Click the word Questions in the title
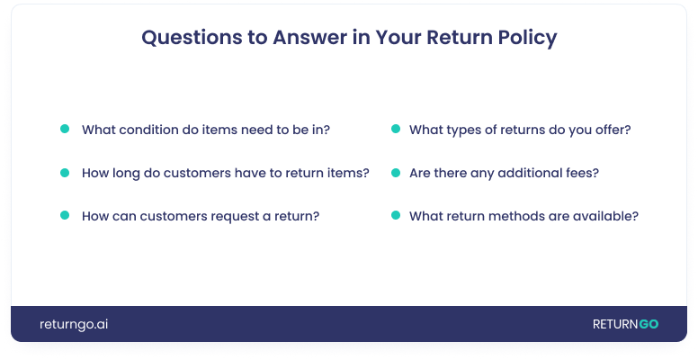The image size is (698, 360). click(192, 38)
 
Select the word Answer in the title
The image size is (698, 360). click(309, 38)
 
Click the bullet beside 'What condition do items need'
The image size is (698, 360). click(65, 129)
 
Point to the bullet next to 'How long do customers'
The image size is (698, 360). click(65, 173)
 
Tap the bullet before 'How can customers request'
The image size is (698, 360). click(65, 215)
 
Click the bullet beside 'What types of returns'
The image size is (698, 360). click(396, 129)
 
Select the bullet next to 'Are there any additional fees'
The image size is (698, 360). click(396, 173)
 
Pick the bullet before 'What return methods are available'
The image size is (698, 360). click(396, 215)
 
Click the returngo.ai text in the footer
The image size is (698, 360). click(74, 325)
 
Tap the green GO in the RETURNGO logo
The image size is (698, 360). click(649, 324)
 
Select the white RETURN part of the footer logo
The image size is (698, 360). click(615, 324)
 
